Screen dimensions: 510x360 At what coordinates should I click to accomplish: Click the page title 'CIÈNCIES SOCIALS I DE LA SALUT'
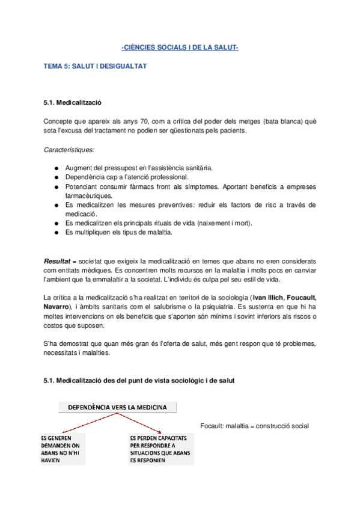[x=180, y=48]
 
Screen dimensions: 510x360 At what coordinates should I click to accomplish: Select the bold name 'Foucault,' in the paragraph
[x=298, y=298]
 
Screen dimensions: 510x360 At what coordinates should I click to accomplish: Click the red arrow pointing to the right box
[x=142, y=423]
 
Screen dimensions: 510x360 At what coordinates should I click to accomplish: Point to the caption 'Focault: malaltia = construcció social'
[x=254, y=426]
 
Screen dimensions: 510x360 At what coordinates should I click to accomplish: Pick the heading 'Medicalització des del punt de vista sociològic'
[x=147, y=381]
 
